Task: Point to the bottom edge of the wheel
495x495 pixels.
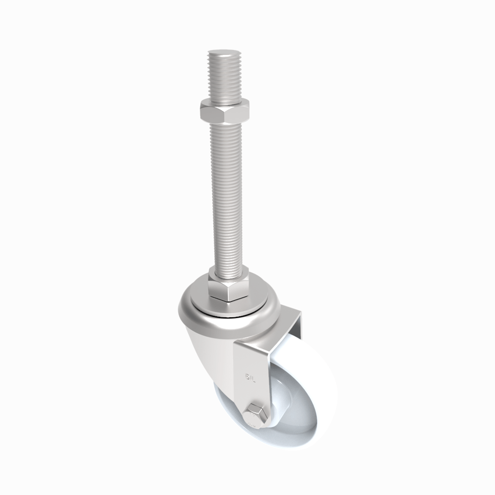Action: [x=277, y=445]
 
